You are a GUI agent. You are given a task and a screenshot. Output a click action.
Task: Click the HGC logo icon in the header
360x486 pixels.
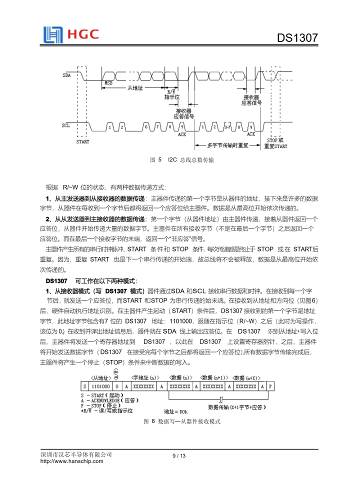pos(51,34)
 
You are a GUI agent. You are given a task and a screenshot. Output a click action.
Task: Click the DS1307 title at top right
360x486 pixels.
pos(297,39)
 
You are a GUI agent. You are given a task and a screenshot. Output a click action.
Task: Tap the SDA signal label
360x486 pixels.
pos(67,75)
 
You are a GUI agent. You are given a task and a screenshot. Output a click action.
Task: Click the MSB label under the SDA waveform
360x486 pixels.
pos(107,83)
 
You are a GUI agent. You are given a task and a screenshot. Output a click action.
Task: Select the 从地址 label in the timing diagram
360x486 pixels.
pos(135,87)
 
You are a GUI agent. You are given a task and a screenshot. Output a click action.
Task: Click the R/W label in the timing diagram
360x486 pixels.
pos(171,91)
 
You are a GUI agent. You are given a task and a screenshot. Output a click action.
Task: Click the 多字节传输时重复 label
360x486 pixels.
pos(228,145)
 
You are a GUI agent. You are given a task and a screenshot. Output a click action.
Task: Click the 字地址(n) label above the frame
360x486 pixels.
pos(145,376)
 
